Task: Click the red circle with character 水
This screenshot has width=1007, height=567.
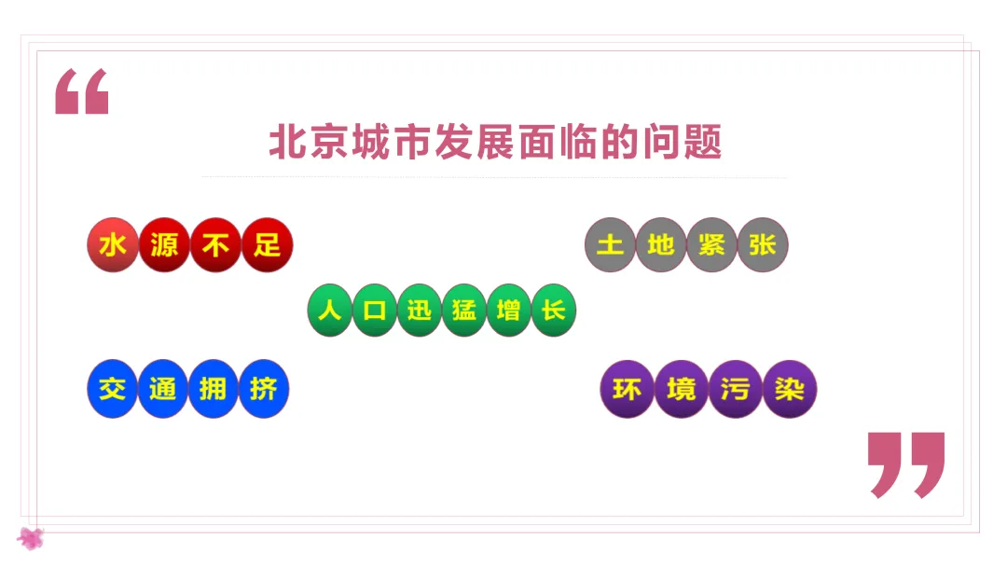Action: pyautogui.click(x=113, y=245)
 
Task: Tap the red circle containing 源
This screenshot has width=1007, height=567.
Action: pyautogui.click(x=164, y=245)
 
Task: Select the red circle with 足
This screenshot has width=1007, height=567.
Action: pyautogui.click(x=267, y=245)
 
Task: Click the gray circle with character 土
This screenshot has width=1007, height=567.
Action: pyautogui.click(x=610, y=245)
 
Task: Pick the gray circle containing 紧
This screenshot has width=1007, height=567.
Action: pyautogui.click(x=711, y=245)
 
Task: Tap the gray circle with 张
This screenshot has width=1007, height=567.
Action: pyautogui.click(x=763, y=245)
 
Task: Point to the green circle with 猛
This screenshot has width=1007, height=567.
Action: pyautogui.click(x=464, y=310)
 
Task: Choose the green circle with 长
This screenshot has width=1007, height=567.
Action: pyautogui.click(x=554, y=310)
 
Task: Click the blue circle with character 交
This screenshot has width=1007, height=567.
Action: pyautogui.click(x=112, y=389)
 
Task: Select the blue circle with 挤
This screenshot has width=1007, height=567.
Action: pyautogui.click(x=264, y=389)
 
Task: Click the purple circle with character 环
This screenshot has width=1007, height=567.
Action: pyautogui.click(x=627, y=389)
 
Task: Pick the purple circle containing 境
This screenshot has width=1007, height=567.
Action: pyautogui.click(x=681, y=389)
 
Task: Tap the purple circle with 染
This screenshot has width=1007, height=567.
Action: pyautogui.click(x=790, y=389)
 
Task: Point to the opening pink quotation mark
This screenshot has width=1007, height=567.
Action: pyautogui.click(x=82, y=91)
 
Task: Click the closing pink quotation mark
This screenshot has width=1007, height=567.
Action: pyautogui.click(x=905, y=463)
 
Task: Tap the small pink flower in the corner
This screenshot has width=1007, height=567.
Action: pyautogui.click(x=31, y=537)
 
